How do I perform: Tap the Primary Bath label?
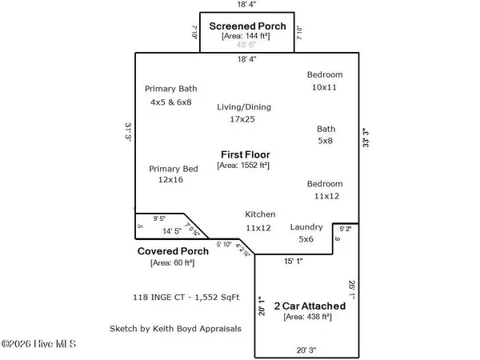[x=170, y=89]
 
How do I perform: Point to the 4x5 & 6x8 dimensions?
[x=170, y=102]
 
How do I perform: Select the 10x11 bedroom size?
[x=326, y=86]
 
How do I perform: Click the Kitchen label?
[x=260, y=214]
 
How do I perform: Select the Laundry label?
[x=306, y=226]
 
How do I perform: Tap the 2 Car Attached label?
[x=310, y=306]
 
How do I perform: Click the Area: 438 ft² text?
[x=310, y=317]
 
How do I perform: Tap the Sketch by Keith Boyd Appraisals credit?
[x=175, y=328]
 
